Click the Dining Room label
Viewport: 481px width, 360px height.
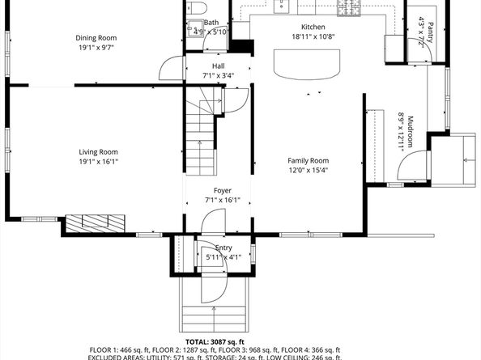point(96,38)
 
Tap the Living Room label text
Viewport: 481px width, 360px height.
point(98,151)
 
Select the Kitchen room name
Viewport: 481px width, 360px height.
point(313,27)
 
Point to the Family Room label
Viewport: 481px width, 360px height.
point(309,160)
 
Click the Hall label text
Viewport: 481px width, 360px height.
point(219,66)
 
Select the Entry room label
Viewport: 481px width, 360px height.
point(224,248)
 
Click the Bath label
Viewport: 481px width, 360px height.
point(211,23)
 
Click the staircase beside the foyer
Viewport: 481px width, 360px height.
point(199,142)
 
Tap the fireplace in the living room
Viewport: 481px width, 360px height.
point(95,222)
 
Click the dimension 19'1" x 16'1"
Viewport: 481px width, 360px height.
point(98,161)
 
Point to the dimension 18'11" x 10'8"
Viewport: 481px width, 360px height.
point(313,36)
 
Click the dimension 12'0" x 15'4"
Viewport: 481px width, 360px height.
point(309,170)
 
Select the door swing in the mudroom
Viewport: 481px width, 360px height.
point(411,168)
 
